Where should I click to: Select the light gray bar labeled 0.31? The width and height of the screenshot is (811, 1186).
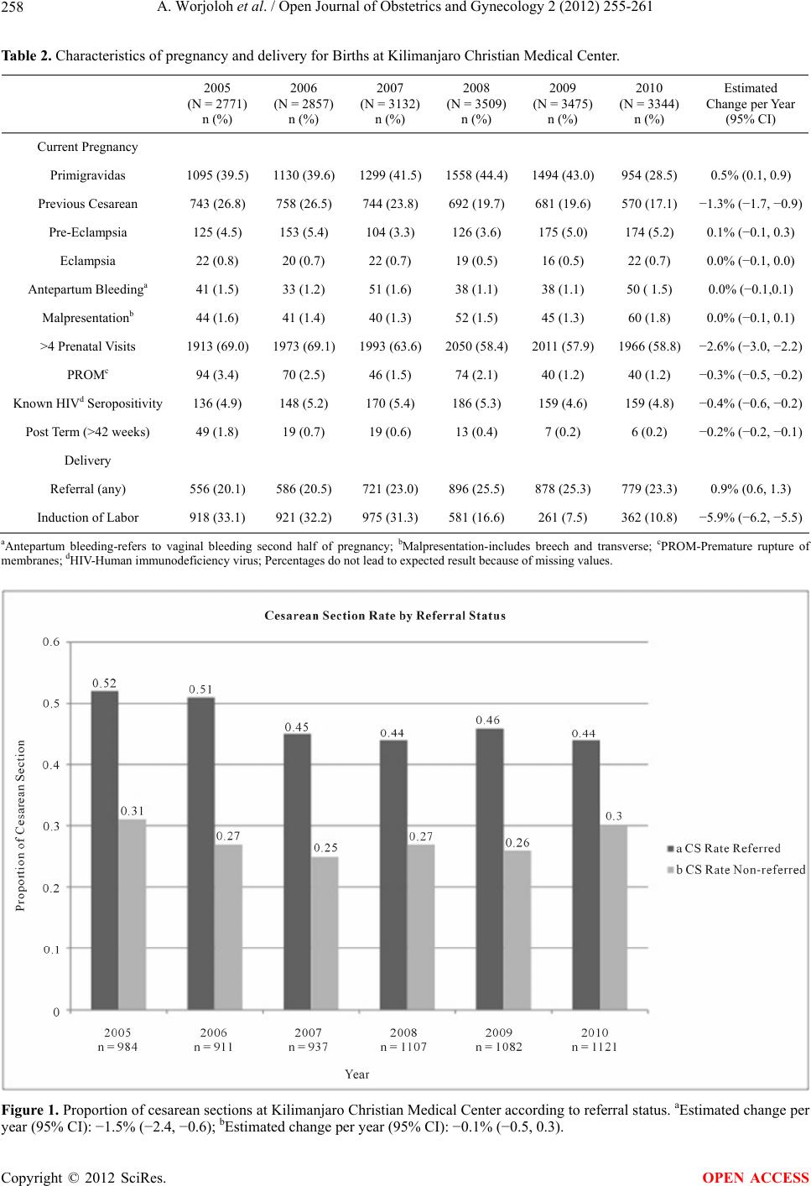[x=132, y=914]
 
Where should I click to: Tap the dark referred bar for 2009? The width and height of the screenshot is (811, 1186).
[x=489, y=868]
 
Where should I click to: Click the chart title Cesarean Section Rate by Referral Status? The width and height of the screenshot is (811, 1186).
[x=385, y=616]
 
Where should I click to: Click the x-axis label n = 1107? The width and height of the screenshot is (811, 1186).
[x=403, y=1047]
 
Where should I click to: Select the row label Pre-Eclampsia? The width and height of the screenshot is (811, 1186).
[x=88, y=232]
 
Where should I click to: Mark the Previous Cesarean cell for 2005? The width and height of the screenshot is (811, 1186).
[x=217, y=204]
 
